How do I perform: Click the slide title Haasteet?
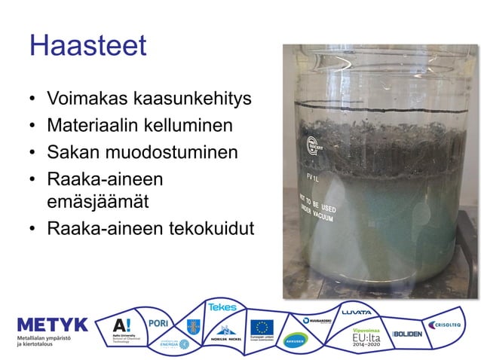click(87, 46)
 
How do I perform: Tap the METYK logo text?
click(52, 325)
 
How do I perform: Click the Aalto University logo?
click(123, 329)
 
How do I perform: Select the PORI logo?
click(159, 322)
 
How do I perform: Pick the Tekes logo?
click(222, 307)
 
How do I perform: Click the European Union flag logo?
click(262, 328)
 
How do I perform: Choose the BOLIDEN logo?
click(408, 333)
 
